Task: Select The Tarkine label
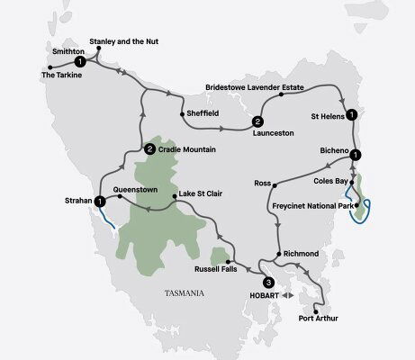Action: [62, 75]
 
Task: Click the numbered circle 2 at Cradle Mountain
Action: [149, 148]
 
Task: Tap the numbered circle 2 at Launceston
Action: [257, 121]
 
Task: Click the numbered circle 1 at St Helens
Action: [352, 114]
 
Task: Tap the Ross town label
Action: [262, 182]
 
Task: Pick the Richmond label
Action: [300, 254]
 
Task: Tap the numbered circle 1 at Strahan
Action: [98, 201]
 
